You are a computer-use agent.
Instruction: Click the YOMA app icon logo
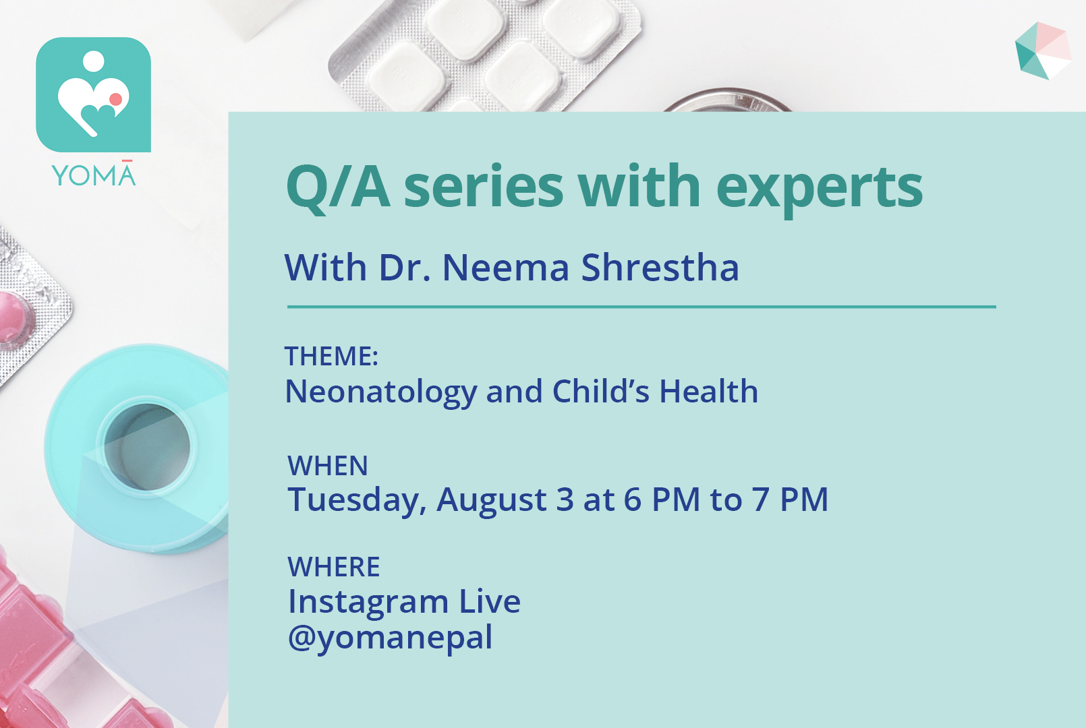(x=94, y=94)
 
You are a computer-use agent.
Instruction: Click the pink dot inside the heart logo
(x=116, y=99)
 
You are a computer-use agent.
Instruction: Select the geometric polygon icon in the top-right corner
(x=1043, y=51)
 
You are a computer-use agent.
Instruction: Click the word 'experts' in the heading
(x=820, y=189)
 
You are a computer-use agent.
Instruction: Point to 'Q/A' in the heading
(x=339, y=188)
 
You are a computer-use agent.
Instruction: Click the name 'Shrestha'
(x=660, y=268)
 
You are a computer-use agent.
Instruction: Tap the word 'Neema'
(x=505, y=268)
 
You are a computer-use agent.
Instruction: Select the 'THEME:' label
(x=331, y=356)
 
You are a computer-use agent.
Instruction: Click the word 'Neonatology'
(x=381, y=393)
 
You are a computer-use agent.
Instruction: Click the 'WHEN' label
(x=328, y=466)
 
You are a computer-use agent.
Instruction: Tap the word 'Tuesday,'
(x=358, y=500)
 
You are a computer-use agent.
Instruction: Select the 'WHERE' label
(x=333, y=567)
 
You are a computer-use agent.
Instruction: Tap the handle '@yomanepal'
(x=391, y=638)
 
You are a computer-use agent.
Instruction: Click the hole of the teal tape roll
(x=147, y=447)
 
